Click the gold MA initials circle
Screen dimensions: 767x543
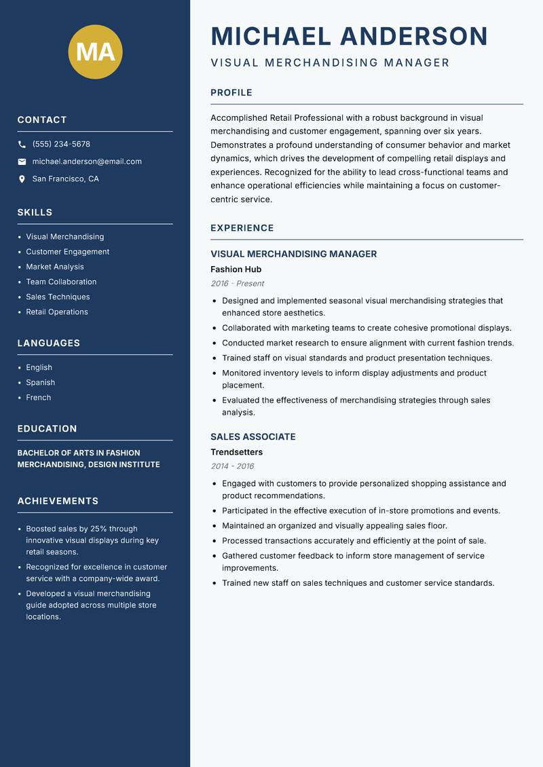96,52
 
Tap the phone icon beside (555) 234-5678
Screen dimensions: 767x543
22,145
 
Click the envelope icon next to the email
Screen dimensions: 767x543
22,162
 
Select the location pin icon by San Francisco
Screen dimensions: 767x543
22,179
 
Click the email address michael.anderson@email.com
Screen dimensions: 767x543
87,162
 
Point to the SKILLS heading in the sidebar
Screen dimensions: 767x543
35,212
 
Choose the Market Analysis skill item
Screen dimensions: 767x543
55,267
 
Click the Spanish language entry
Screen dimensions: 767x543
40,383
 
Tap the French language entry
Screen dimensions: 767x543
39,398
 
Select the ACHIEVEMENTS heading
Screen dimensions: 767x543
58,501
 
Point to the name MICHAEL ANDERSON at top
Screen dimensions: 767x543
349,36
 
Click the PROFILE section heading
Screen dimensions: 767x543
231,93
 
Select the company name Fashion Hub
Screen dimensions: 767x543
236,269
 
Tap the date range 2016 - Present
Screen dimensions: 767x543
237,284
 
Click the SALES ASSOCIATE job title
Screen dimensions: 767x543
252,437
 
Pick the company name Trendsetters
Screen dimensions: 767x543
236,452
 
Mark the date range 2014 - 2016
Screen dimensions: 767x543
232,466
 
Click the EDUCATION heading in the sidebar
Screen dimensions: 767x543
47,429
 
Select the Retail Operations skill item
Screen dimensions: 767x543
57,312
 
